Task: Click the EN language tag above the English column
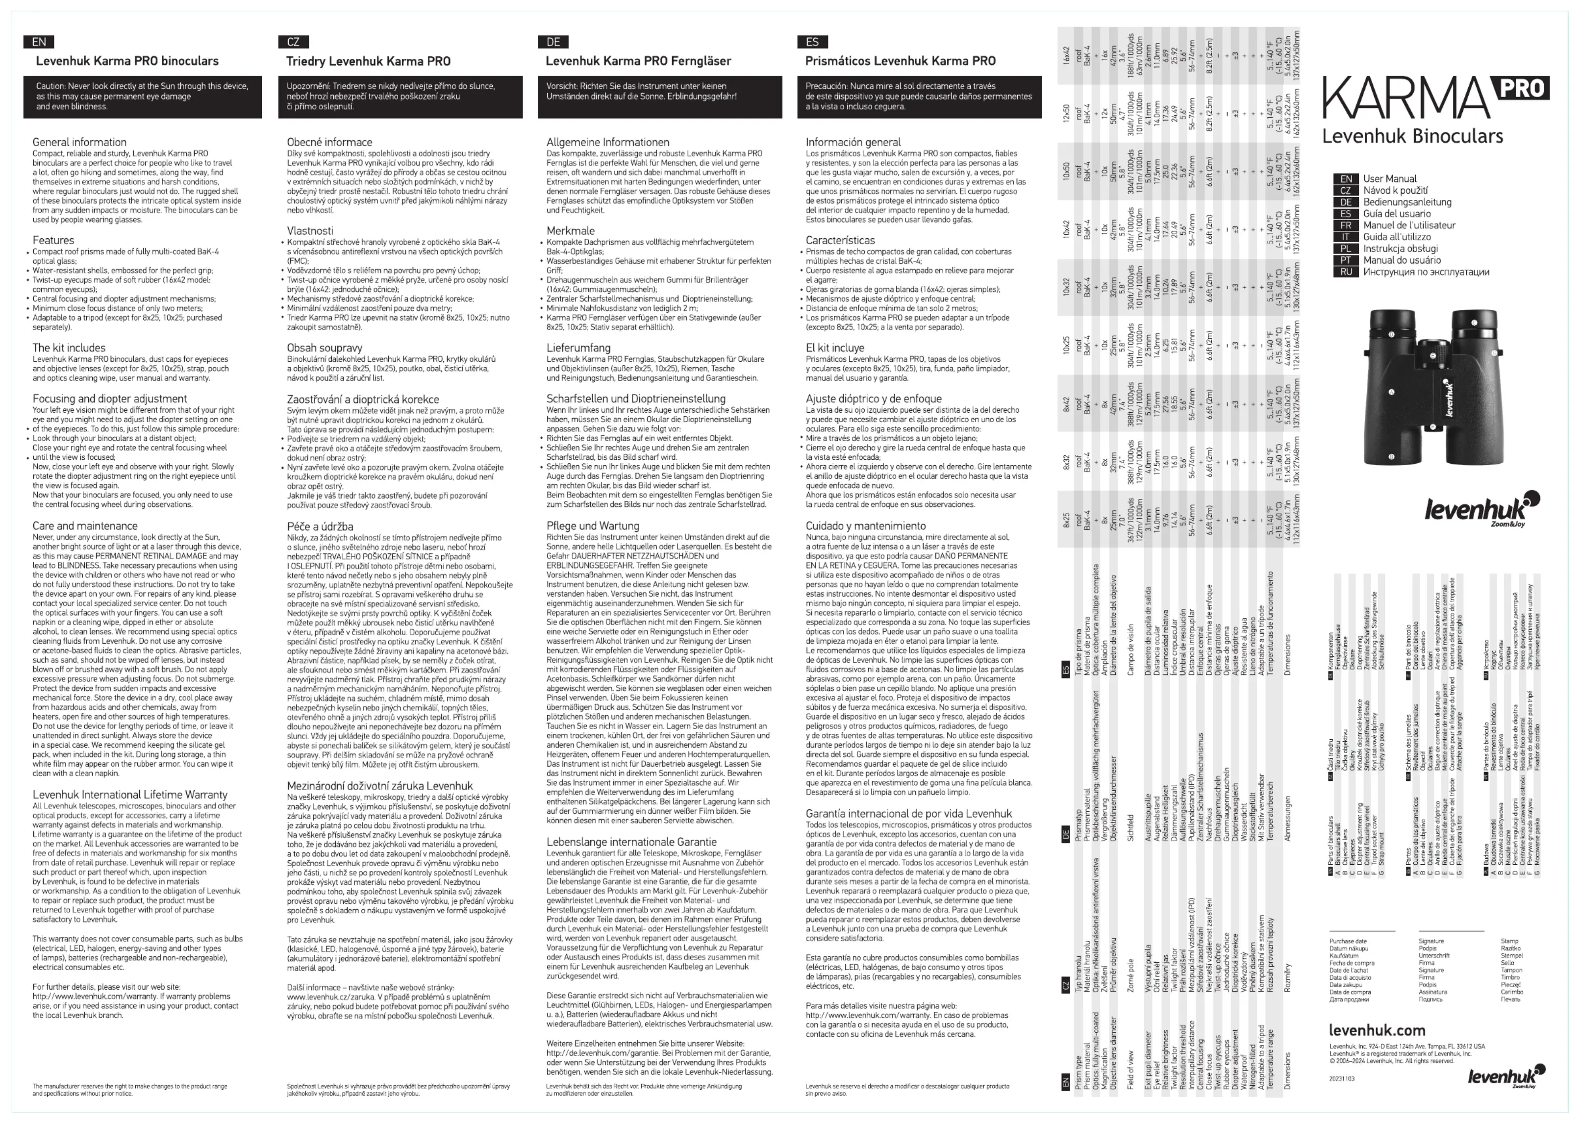pyautogui.click(x=39, y=42)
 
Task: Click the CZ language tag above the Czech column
pyautogui.click(x=294, y=42)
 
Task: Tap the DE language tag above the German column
pyautogui.click(x=553, y=42)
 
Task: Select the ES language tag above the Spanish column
pyautogui.click(x=812, y=42)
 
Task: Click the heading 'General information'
pyautogui.click(x=79, y=142)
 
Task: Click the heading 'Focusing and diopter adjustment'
pyautogui.click(x=109, y=399)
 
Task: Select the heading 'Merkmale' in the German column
pyautogui.click(x=570, y=230)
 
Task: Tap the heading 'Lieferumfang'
pyautogui.click(x=578, y=348)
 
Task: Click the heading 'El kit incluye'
pyautogui.click(x=840, y=348)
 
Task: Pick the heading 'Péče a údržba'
pyautogui.click(x=320, y=526)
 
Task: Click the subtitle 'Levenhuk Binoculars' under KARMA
pyautogui.click(x=1412, y=136)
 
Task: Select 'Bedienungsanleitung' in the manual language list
pyautogui.click(x=1407, y=202)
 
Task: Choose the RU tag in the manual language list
pyautogui.click(x=1345, y=272)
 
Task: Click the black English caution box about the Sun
pyautogui.click(x=143, y=96)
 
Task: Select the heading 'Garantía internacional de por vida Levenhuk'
pyautogui.click(x=908, y=814)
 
